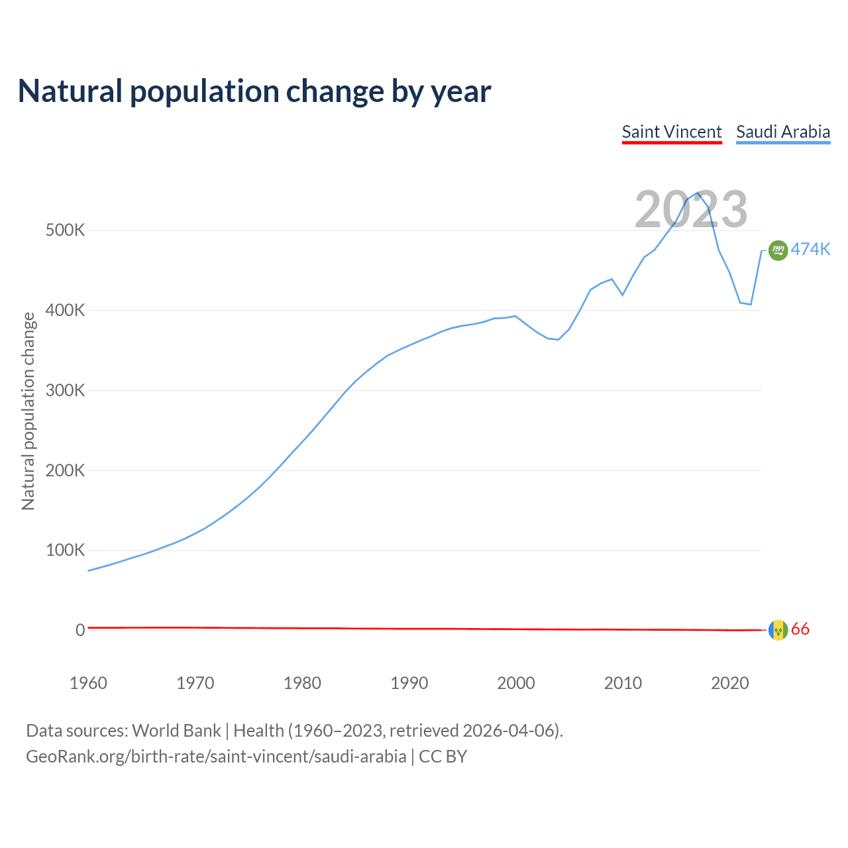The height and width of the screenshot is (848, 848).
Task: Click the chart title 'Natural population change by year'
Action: [254, 91]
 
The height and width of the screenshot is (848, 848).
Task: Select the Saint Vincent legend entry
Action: [672, 132]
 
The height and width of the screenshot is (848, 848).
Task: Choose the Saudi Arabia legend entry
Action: [783, 132]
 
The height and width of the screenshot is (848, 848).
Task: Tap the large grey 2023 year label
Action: [691, 209]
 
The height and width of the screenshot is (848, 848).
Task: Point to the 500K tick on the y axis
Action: [65, 231]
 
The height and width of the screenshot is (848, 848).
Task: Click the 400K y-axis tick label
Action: [65, 310]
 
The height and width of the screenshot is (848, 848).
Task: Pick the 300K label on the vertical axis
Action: [65, 390]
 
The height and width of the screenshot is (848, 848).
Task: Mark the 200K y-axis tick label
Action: [65, 470]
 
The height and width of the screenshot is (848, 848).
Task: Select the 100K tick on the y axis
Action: [65, 550]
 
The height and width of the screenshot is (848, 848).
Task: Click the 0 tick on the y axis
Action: [80, 630]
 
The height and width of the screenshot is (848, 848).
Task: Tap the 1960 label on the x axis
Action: [88, 683]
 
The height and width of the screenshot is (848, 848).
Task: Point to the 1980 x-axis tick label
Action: [302, 683]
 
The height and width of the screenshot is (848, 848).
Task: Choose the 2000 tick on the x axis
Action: [516, 683]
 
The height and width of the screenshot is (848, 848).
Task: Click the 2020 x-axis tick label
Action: [729, 683]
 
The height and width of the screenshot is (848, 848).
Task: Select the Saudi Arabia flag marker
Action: [778, 250]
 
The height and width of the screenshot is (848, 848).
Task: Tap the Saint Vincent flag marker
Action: [778, 630]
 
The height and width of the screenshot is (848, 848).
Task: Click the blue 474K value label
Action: [810, 249]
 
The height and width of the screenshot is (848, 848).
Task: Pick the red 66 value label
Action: [800, 629]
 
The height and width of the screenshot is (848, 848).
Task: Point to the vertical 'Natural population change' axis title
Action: [28, 411]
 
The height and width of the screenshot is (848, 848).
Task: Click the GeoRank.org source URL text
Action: [216, 757]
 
